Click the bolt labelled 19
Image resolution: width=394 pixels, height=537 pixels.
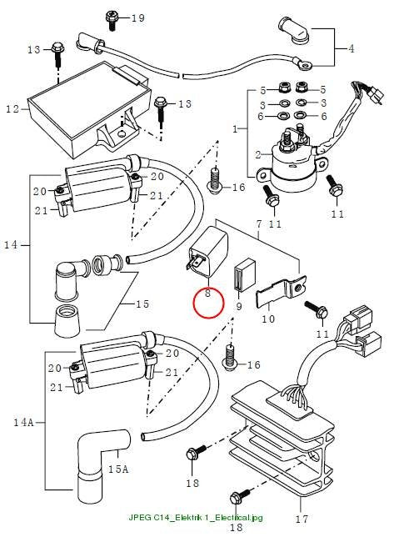[112, 21]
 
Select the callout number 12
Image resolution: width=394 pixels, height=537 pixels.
[12, 109]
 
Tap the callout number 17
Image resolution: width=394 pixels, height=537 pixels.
[302, 519]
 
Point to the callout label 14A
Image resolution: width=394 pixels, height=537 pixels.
[23, 422]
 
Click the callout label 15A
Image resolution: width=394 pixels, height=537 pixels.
[118, 469]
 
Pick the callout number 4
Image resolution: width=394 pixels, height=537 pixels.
[352, 48]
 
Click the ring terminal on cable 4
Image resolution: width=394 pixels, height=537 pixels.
[304, 64]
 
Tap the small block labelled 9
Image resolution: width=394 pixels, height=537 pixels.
[244, 275]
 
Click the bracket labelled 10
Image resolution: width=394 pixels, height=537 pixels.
[282, 291]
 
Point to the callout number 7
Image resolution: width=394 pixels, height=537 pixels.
[259, 224]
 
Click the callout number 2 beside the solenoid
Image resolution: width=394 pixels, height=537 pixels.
[258, 155]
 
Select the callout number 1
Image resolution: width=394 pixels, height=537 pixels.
[235, 129]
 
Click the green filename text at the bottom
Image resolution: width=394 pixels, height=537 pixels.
[196, 517]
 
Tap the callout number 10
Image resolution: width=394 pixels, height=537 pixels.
[268, 319]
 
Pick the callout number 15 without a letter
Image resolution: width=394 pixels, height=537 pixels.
[142, 304]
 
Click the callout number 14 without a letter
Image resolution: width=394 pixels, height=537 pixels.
[11, 244]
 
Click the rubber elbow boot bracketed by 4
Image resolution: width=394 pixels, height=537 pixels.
[294, 30]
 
